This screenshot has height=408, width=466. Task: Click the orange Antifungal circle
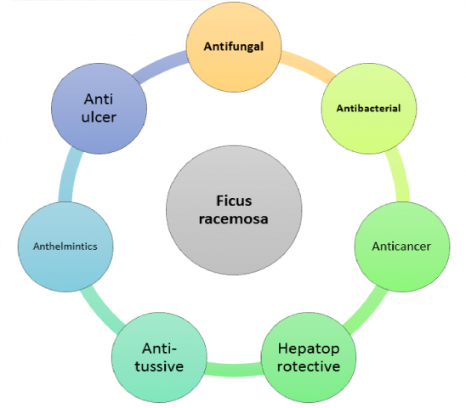pos(234,46)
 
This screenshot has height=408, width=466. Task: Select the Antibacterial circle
pos(369,109)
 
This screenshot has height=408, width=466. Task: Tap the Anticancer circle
pos(402,246)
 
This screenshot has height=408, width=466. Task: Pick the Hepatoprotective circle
pos(309,358)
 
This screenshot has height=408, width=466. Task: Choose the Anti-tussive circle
pos(159,358)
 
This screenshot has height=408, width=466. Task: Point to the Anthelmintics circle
pos(65,246)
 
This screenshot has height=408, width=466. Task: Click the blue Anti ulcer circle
pos(99,109)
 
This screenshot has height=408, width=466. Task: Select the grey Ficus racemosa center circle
pos(234,210)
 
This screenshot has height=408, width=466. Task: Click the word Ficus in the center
pos(234,201)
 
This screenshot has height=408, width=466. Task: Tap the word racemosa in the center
pos(234,219)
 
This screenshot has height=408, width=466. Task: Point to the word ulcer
pos(99,117)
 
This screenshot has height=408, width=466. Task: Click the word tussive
pos(159,366)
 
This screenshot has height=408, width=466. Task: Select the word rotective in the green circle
pos(309,366)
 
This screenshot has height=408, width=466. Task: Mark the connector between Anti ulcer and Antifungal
pos(161,66)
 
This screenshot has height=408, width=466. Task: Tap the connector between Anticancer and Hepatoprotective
pos(367,309)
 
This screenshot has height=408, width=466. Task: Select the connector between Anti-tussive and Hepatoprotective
pos(234,370)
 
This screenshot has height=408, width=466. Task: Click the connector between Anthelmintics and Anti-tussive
pos(101,309)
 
